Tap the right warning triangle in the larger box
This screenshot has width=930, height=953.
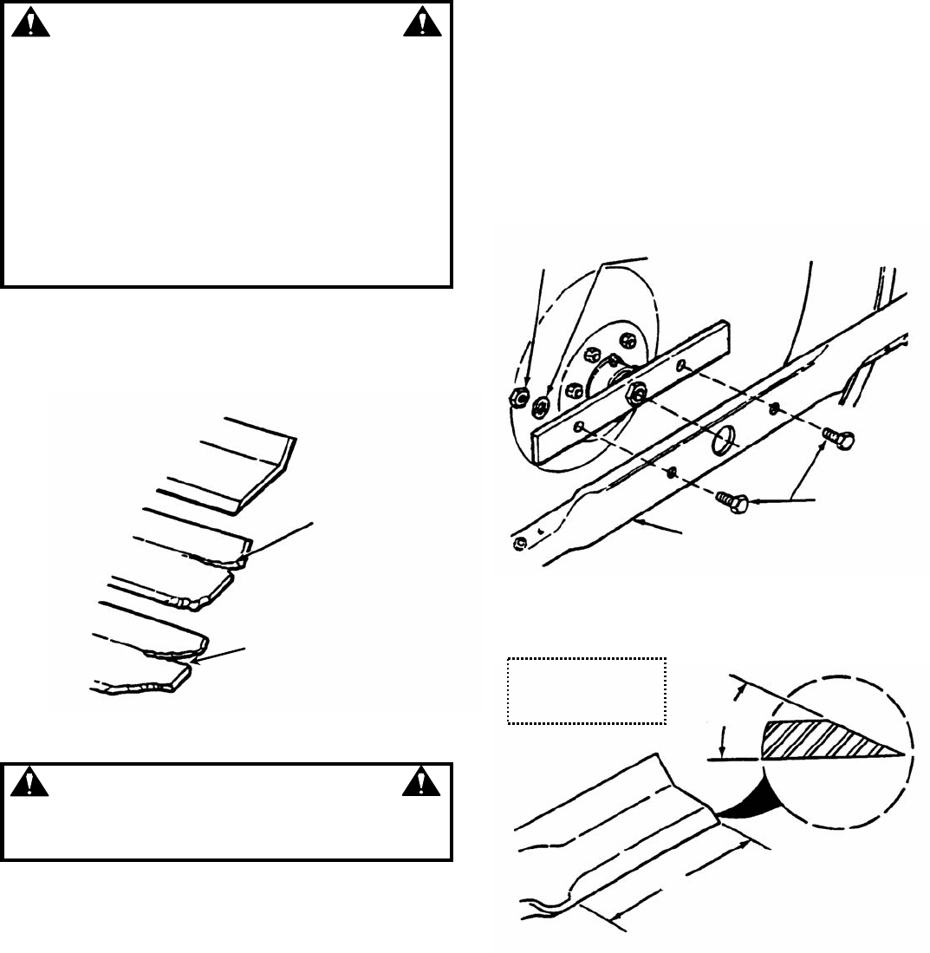click(420, 23)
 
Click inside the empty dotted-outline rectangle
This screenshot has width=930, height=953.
click(586, 691)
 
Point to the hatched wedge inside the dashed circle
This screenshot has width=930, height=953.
click(823, 738)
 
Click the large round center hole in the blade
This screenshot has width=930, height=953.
click(723, 440)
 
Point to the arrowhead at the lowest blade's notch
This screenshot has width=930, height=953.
click(195, 662)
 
